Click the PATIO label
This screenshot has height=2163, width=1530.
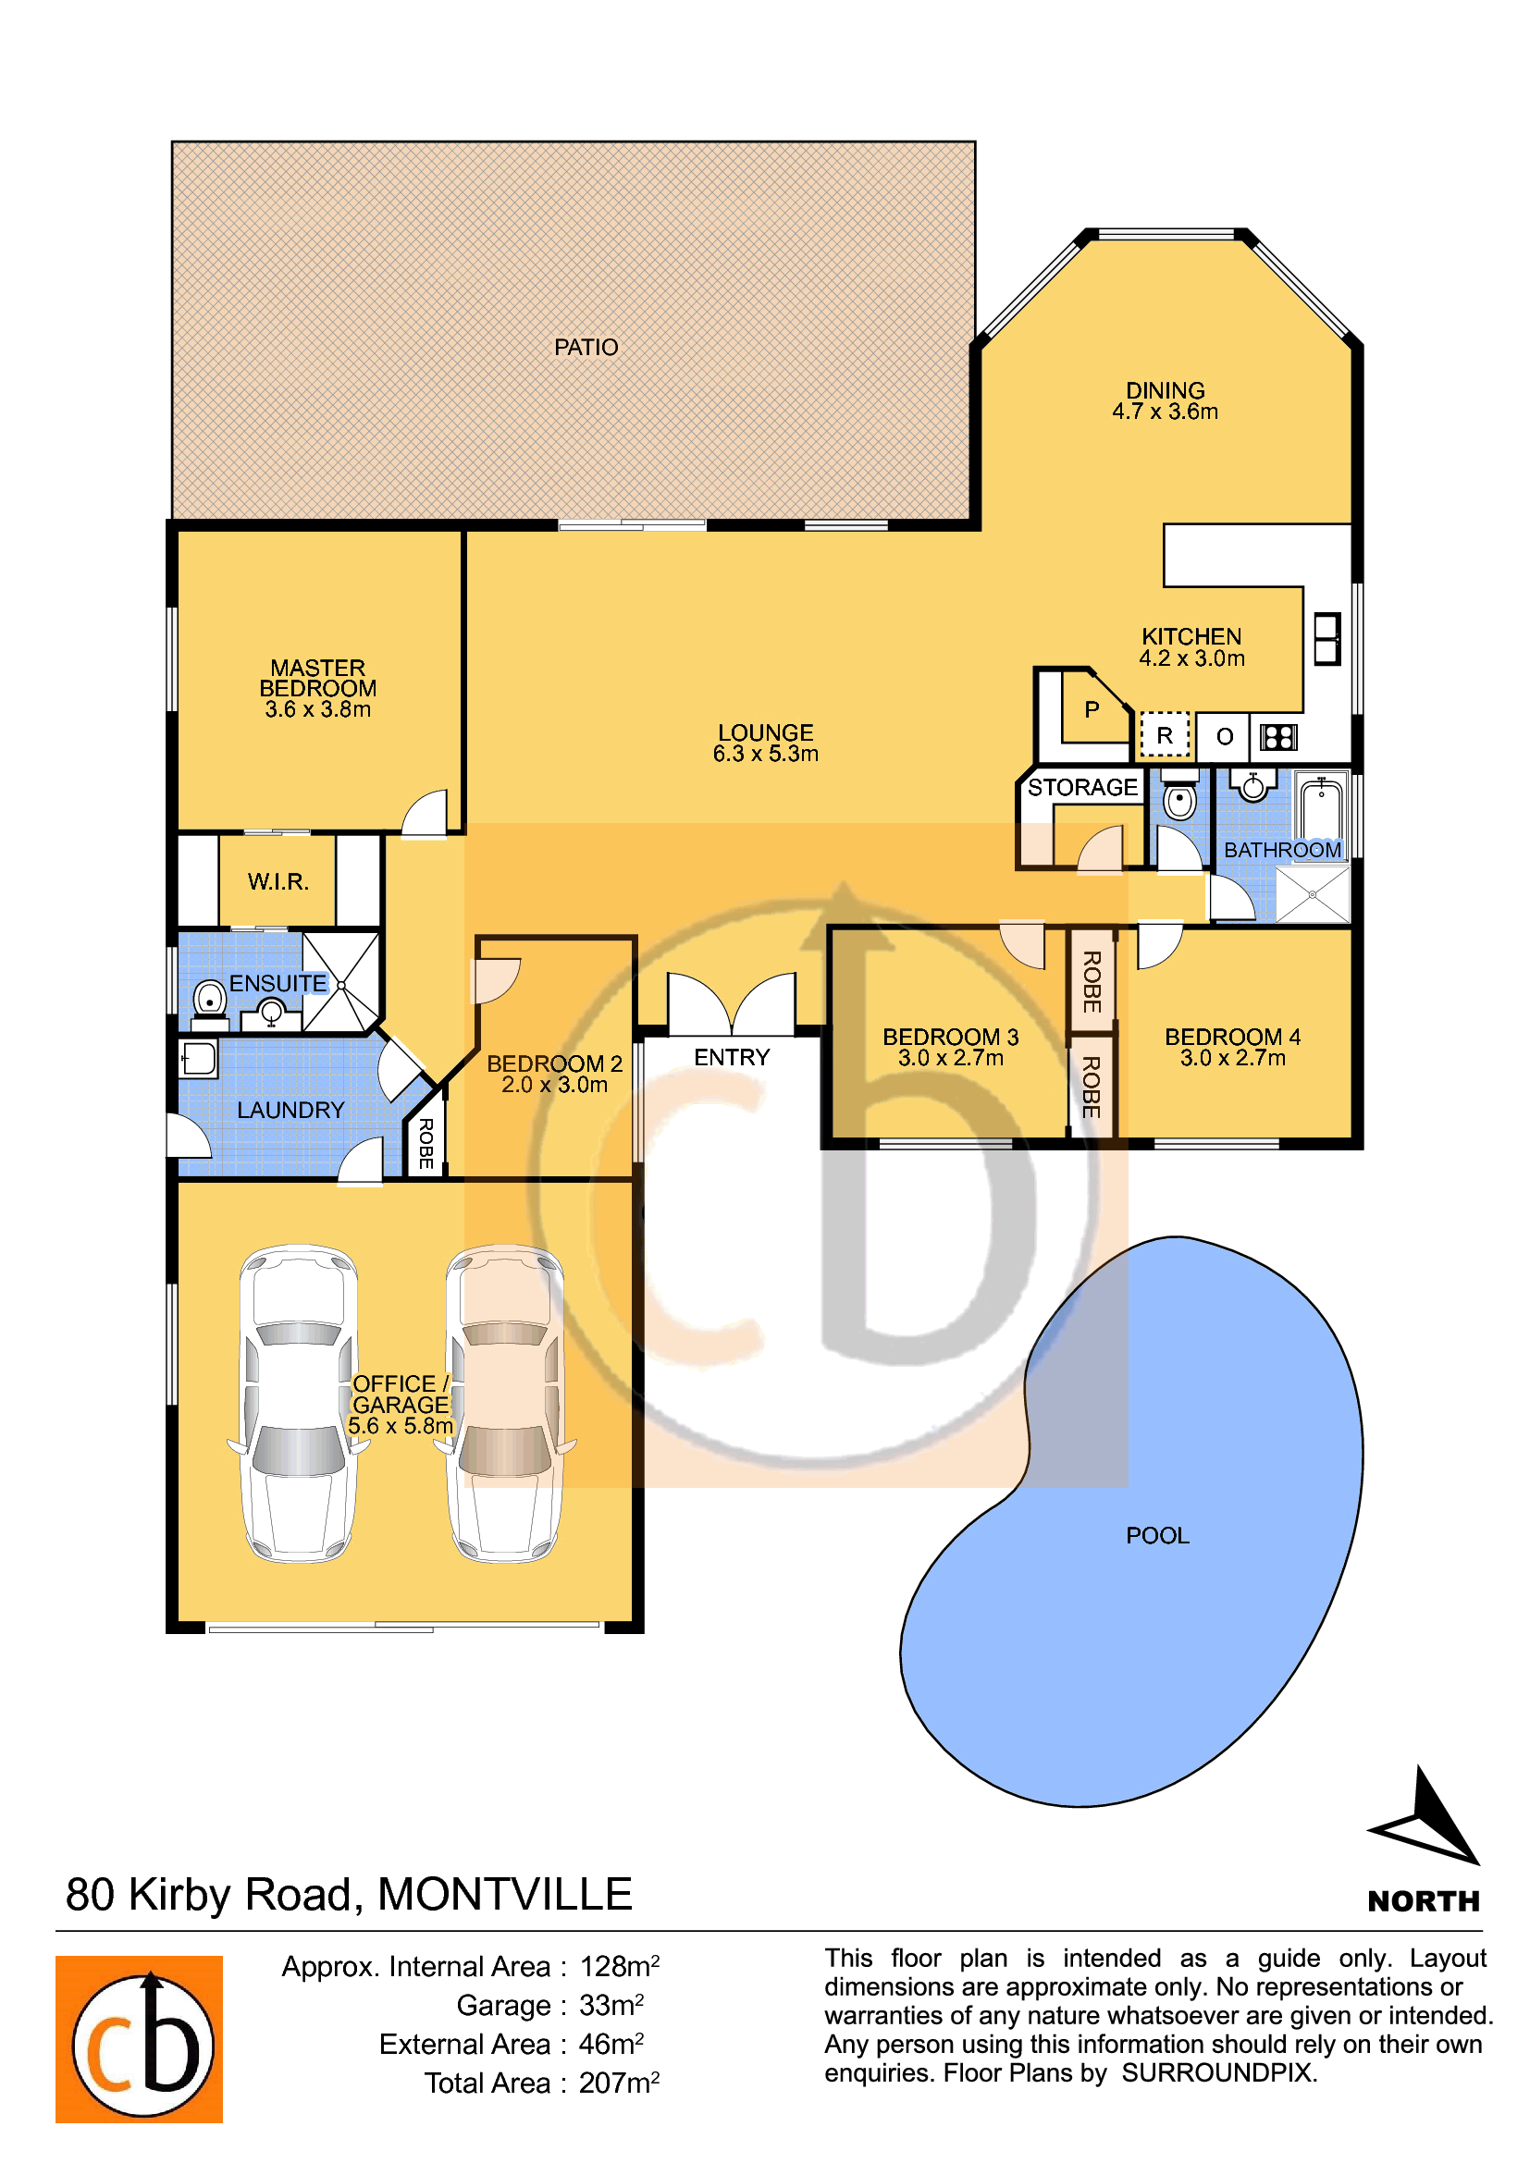tap(586, 348)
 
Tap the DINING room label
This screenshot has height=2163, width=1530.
tap(1166, 400)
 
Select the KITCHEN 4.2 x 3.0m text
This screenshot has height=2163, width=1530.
tap(1191, 647)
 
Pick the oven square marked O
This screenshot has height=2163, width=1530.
tap(1224, 737)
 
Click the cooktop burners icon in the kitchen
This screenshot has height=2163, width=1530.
tap(1278, 737)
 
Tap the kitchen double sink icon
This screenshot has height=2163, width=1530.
tap(1327, 639)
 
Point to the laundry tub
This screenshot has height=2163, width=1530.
tap(199, 1059)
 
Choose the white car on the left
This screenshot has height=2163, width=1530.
tap(299, 1403)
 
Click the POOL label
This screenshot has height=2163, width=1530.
tap(1158, 1536)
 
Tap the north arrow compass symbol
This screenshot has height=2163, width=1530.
tap(1427, 1817)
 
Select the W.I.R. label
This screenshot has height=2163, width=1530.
tap(278, 882)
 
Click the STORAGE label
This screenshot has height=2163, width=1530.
tap(1082, 787)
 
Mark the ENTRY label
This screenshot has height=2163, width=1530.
tap(732, 1057)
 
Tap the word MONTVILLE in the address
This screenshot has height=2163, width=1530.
tap(505, 1895)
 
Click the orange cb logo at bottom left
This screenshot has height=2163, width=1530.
tap(140, 2040)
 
